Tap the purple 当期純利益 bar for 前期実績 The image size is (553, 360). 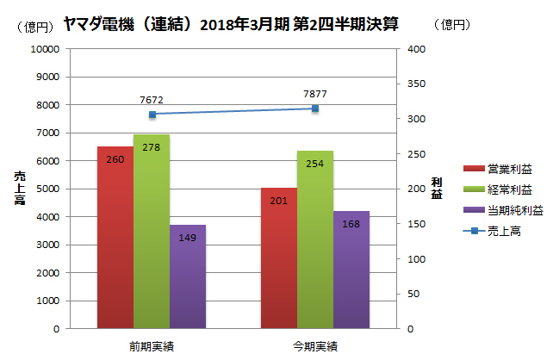pos(188,276)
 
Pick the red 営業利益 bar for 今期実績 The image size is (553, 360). pos(278,258)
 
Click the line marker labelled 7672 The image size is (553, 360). pos(152,115)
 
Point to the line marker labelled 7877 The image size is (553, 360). pos(314,109)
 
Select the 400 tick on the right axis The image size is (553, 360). pos(417,49)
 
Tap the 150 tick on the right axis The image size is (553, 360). pos(417,224)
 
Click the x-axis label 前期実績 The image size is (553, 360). pos(151,346)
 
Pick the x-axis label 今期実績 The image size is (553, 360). pos(314,346)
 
